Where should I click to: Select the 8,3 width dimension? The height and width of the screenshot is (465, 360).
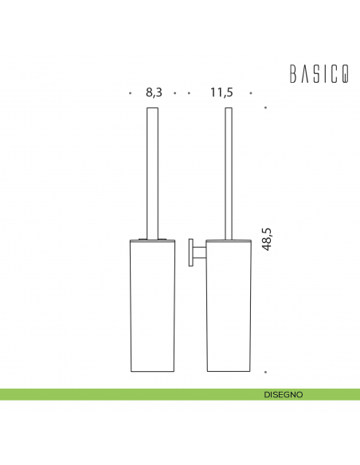pos(154,92)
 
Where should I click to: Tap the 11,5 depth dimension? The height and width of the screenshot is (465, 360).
pos(221,92)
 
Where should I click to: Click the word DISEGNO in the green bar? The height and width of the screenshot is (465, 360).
pos(284,394)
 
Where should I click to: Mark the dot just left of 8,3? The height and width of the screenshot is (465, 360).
pos(130,93)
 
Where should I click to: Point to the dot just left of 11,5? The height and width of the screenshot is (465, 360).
pos(190,93)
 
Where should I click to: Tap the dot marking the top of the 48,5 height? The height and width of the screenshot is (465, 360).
pos(265,108)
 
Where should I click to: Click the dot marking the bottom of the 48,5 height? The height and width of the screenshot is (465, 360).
pos(265,371)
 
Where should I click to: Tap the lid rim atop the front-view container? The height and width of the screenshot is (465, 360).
pos(151,237)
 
